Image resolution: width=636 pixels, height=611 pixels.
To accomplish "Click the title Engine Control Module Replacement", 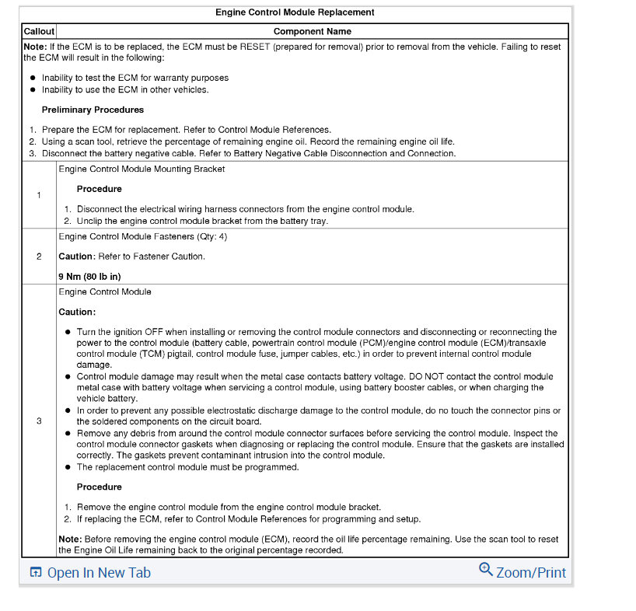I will [x=295, y=12].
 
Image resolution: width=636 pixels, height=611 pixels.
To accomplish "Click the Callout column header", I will [x=39, y=32].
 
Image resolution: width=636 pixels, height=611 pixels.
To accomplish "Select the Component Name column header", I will [x=312, y=32].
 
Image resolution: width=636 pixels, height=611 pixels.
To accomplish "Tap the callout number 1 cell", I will [x=39, y=194].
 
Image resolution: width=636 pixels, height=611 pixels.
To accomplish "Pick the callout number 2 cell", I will [x=39, y=257].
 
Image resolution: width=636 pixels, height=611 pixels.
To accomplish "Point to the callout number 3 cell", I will [x=39, y=421].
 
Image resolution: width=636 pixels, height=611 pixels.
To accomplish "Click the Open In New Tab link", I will [x=99, y=573].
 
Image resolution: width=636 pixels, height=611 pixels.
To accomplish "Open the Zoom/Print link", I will [x=531, y=573].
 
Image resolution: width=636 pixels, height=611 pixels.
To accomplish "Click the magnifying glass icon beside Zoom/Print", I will [x=486, y=570].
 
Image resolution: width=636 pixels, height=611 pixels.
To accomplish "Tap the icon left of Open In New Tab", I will [x=35, y=573].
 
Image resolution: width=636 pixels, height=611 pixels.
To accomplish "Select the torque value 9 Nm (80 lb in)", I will [x=89, y=276].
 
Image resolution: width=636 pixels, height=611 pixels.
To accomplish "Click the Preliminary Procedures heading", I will [x=93, y=110].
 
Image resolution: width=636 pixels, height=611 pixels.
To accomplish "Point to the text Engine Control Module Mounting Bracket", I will [x=142, y=169].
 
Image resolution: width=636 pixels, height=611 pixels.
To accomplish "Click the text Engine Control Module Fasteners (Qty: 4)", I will [x=142, y=236].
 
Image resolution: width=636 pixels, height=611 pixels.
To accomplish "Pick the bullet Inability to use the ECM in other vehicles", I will [x=125, y=89].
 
